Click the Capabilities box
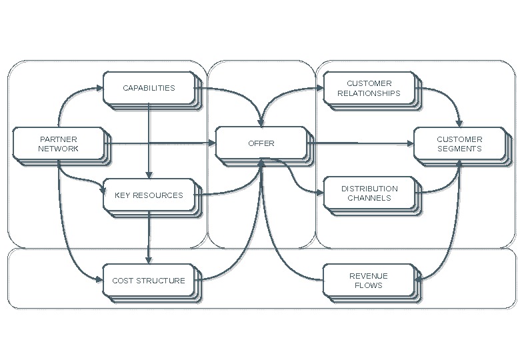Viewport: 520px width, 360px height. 149,88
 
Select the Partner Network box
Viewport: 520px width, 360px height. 58,144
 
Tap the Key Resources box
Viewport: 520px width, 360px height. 149,195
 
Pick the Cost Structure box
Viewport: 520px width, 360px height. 149,281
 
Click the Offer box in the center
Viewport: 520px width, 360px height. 261,143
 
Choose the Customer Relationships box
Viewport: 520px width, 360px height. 369,89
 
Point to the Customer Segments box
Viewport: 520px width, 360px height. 459,144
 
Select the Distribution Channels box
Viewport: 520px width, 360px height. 369,193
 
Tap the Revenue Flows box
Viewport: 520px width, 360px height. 369,281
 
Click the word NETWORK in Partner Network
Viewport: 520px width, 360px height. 58,149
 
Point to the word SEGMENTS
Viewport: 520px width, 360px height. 459,149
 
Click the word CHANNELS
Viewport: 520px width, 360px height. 369,198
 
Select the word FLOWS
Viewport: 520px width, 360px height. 369,285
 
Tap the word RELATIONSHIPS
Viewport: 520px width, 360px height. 369,93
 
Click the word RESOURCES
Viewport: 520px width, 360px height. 157,195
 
